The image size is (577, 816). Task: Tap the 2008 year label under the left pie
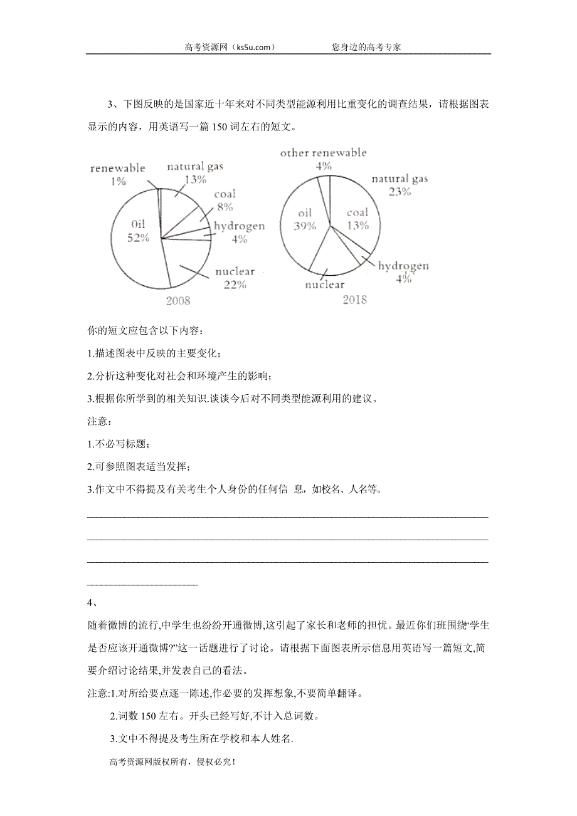click(x=177, y=300)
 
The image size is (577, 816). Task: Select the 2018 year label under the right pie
click(x=355, y=300)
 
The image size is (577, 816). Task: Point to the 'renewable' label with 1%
click(x=118, y=168)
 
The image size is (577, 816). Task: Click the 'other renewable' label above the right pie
click(x=323, y=152)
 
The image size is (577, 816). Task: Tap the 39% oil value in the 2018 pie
click(x=305, y=226)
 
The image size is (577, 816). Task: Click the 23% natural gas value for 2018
click(x=400, y=192)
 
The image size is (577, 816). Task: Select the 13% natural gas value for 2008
click(x=196, y=179)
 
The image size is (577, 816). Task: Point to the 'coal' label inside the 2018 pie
click(x=357, y=212)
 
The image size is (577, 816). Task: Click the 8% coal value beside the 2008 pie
click(x=225, y=206)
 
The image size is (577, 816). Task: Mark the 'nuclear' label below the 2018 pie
click(x=325, y=285)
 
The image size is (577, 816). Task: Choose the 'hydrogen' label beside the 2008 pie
click(x=239, y=226)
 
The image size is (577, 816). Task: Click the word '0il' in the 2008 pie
click(x=139, y=223)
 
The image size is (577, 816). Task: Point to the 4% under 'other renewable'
click(x=323, y=166)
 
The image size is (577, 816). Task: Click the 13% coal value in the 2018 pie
click(x=358, y=226)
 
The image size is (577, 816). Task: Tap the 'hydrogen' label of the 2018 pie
click(x=403, y=266)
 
